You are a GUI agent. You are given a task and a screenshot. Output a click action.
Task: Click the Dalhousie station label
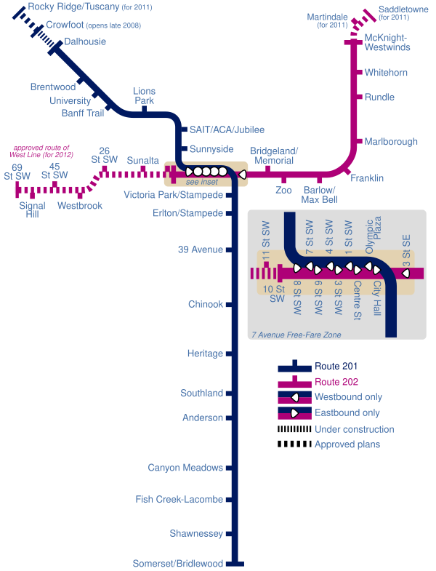point(85,41)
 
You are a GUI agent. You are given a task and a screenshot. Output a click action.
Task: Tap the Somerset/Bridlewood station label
point(177,563)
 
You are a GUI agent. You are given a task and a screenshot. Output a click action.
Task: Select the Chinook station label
point(205,304)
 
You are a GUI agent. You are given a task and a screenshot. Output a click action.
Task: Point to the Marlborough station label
point(391,142)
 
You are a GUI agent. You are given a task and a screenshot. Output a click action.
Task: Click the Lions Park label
point(144,96)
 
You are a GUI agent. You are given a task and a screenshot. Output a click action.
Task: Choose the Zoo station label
point(283,190)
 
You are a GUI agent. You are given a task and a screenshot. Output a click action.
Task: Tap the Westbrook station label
point(80,206)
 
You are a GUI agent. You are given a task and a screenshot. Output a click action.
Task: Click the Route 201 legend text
point(336,366)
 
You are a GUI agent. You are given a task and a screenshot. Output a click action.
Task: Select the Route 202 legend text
point(336,382)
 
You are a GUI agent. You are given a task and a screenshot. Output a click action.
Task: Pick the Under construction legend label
point(354,429)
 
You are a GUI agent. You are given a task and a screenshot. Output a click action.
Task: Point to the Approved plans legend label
point(347,444)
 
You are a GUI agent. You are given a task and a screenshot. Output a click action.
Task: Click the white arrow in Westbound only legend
point(295,397)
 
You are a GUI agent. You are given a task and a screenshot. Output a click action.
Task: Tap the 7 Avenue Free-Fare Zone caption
point(296,335)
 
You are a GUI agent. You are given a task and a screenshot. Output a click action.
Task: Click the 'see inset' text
point(201,182)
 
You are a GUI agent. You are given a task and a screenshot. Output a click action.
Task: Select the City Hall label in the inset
point(376,298)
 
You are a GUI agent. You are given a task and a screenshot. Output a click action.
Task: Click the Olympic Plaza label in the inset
point(374,235)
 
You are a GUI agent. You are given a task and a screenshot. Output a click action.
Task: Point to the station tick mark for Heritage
point(229,354)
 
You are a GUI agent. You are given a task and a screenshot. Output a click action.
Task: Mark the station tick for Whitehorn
point(359,72)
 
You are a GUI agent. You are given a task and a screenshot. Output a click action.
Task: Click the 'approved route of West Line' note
point(41,151)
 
